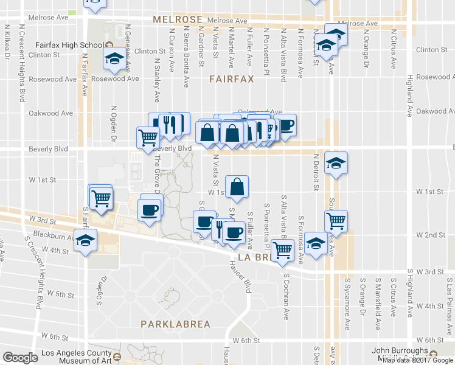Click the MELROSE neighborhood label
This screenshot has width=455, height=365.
click(177, 19)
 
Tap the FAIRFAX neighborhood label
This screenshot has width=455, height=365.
click(231, 79)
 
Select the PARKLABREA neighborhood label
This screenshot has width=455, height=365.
click(175, 324)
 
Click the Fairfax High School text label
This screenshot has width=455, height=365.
click(69, 45)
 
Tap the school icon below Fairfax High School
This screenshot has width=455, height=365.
click(114, 58)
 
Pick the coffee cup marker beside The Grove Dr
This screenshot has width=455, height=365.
click(150, 210)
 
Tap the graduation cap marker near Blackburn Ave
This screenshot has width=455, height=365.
click(86, 240)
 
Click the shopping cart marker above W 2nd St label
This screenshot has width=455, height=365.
click(336, 221)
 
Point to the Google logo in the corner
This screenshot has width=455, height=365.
click(20, 357)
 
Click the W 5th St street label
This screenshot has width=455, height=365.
click(64, 294)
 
